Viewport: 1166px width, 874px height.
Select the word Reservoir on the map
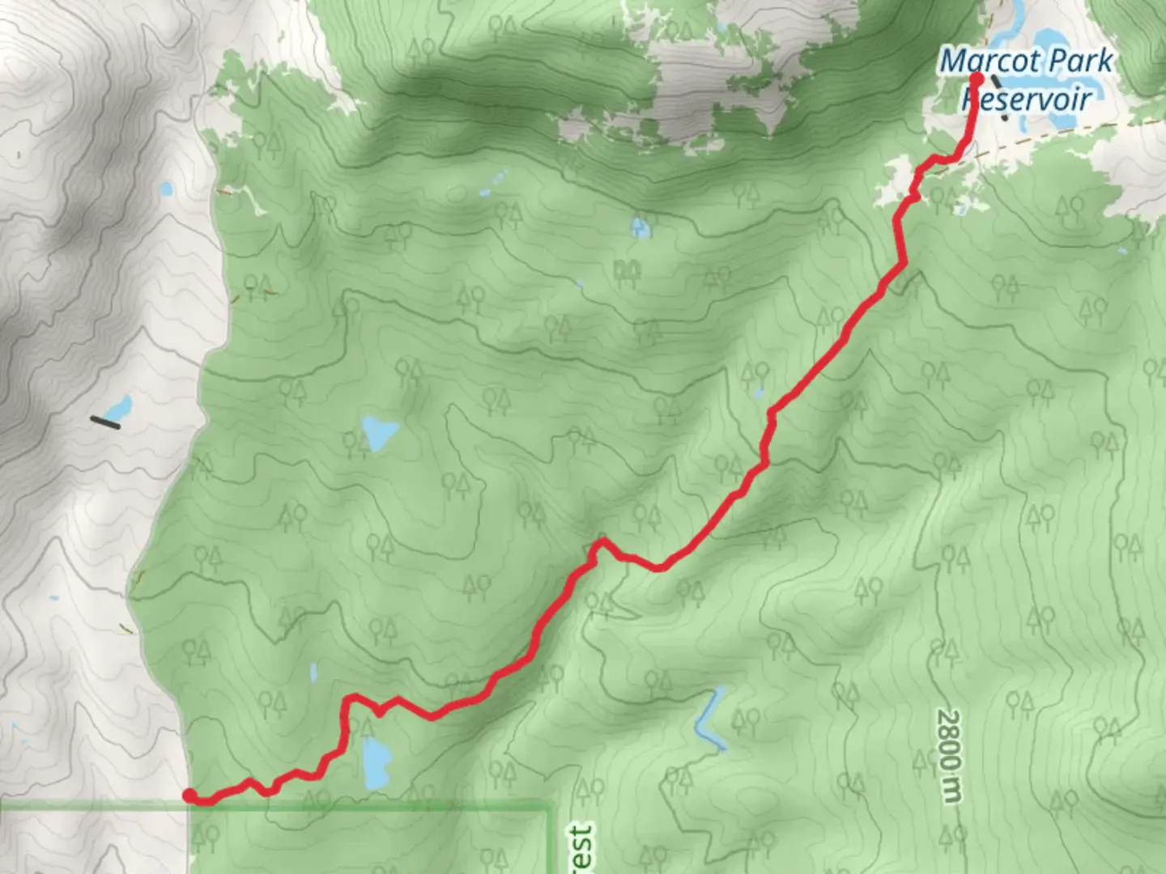tap(1027, 98)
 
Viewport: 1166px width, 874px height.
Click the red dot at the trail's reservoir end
tap(976, 78)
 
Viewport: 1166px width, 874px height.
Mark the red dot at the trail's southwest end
tap(189, 796)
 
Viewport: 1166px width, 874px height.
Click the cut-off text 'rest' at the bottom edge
tap(581, 850)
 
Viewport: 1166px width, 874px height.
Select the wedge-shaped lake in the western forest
tap(378, 432)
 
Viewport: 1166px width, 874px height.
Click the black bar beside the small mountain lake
tap(105, 422)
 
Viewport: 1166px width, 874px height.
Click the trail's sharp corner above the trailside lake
tap(349, 698)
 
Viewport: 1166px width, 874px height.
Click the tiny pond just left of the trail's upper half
tap(758, 394)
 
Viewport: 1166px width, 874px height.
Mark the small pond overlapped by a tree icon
tap(640, 227)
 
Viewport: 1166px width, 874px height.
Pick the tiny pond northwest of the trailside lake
tap(313, 671)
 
